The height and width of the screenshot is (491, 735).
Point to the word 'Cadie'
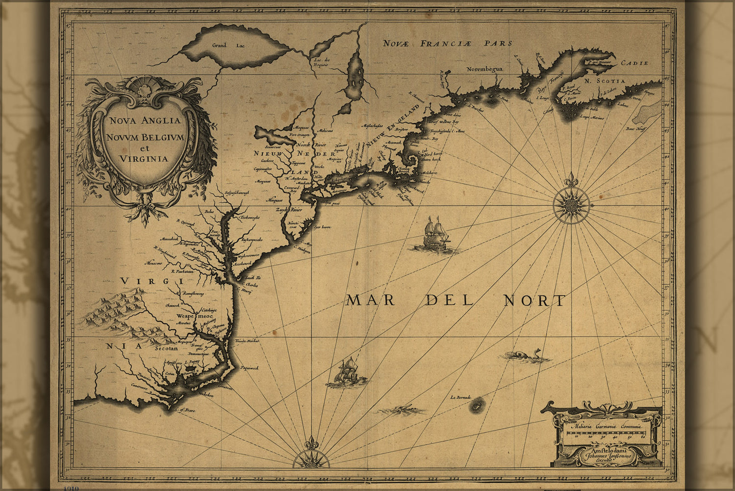pyautogui.click(x=634, y=63)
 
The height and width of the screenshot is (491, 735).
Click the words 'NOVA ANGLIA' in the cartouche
pyautogui.click(x=145, y=120)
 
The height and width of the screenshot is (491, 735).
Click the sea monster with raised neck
pyautogui.click(x=525, y=355)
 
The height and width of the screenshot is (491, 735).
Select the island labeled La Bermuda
pyautogui.click(x=476, y=405)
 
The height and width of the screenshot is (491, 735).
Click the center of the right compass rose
pyautogui.click(x=570, y=203)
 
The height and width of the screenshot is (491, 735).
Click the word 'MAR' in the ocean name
pyautogui.click(x=370, y=300)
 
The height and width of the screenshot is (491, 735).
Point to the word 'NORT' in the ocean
pyautogui.click(x=534, y=300)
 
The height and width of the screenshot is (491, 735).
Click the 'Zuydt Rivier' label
pyautogui.click(x=289, y=210)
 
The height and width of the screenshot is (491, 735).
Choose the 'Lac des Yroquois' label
pyautogui.click(x=321, y=62)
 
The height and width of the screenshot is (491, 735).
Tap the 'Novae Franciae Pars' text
pyautogui.click(x=447, y=43)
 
